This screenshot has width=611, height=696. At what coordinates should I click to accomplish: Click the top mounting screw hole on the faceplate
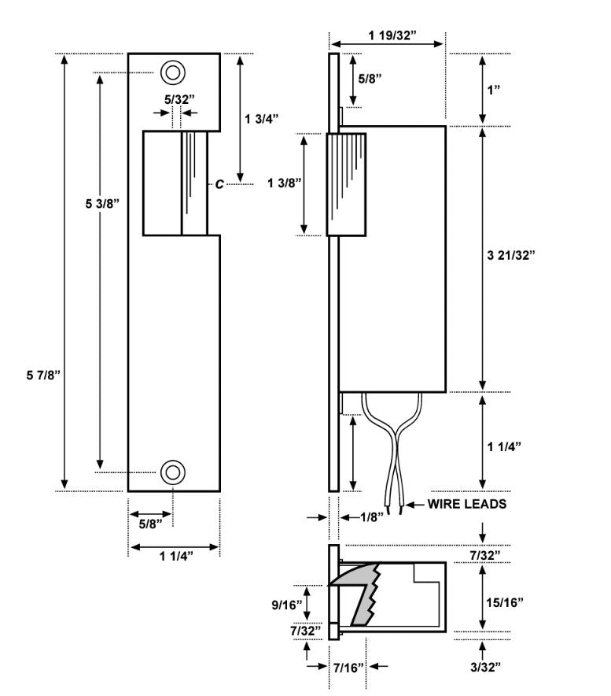tap(173, 72)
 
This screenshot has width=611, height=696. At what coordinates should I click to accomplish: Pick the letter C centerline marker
tap(220, 184)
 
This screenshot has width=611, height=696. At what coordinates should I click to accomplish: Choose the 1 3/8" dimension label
tap(284, 183)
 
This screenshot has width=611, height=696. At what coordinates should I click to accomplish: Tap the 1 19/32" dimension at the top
tap(387, 35)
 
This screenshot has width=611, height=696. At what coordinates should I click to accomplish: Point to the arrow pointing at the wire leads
tap(414, 505)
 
